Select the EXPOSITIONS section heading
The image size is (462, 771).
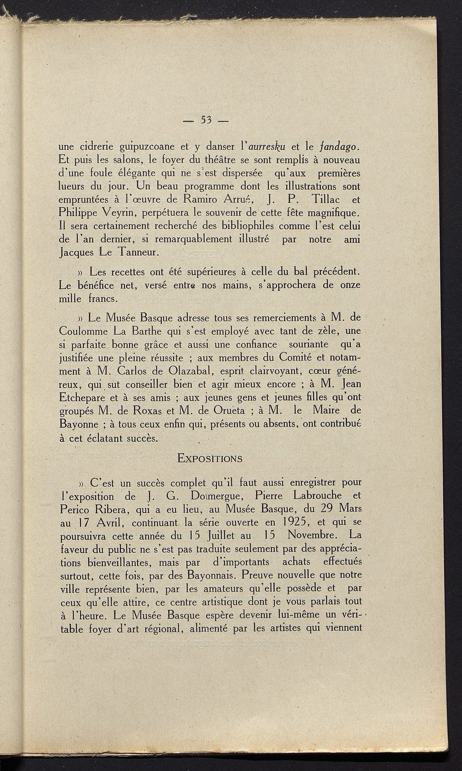pos(210,459)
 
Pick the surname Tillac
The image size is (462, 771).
pos(325,199)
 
